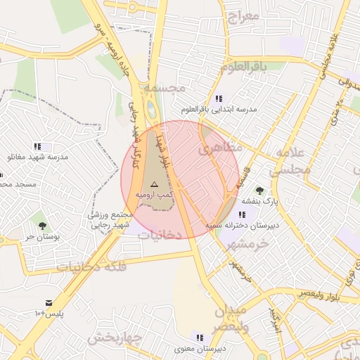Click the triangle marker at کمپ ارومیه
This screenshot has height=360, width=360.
(x=155, y=183)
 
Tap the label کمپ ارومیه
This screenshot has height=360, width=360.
(x=154, y=193)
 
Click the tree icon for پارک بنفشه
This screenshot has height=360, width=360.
(x=260, y=191)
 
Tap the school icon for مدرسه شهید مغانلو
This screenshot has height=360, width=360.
(x=37, y=146)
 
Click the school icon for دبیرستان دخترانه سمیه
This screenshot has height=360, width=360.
(x=243, y=214)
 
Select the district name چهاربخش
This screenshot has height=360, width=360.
(x=115, y=338)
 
